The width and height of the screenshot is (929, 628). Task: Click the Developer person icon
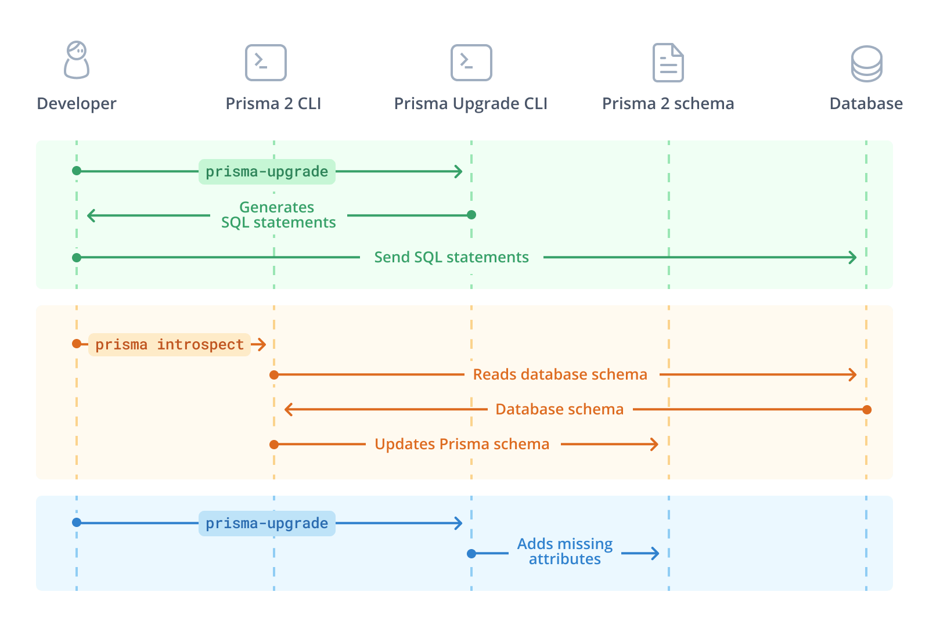point(77,60)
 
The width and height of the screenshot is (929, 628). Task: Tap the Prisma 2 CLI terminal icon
point(266,63)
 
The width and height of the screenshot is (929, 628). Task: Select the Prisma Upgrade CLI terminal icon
point(471,63)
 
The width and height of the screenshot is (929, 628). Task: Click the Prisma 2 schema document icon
point(668,63)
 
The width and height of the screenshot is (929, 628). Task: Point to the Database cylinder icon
point(866,64)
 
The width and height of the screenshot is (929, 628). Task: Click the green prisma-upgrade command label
point(267,172)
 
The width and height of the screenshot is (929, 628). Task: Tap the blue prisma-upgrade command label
point(267,524)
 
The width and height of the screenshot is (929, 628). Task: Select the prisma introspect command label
point(170,345)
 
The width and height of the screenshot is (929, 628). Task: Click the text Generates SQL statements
point(278,215)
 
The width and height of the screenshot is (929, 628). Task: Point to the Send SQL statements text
point(451,257)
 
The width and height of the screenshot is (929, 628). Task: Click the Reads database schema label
point(560,374)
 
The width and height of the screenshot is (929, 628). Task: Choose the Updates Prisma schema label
point(462,444)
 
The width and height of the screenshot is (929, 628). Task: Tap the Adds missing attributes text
point(564,551)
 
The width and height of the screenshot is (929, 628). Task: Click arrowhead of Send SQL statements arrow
point(854,257)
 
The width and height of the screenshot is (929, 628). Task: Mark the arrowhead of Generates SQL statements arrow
point(91,215)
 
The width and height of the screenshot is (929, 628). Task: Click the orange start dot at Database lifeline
point(867,410)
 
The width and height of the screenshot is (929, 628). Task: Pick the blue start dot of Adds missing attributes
point(471,554)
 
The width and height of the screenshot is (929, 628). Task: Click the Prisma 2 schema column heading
point(668,104)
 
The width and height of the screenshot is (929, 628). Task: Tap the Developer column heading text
point(77,104)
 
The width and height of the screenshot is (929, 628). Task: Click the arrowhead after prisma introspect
point(261,345)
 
